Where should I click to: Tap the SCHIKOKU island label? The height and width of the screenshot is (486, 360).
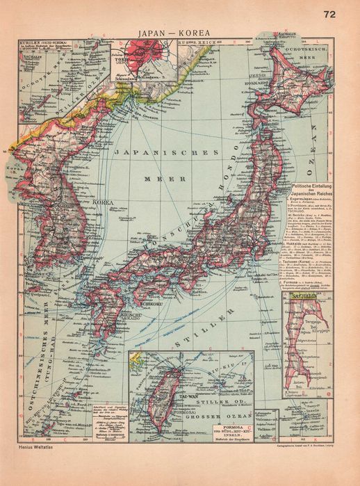coord(151,284)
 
